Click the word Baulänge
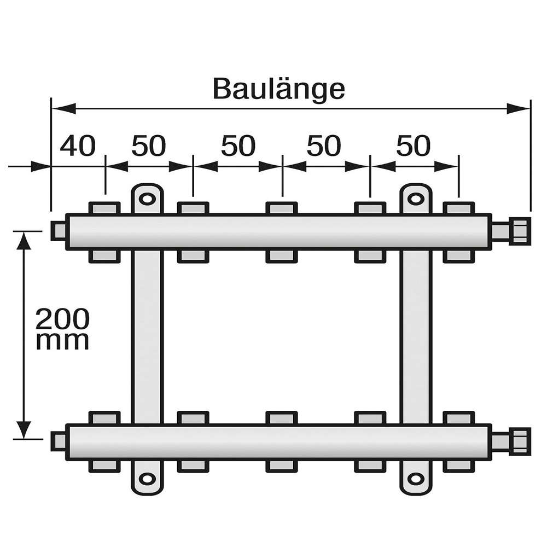click(x=278, y=89)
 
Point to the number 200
click(x=62, y=318)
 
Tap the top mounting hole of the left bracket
click(x=147, y=199)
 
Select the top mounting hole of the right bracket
click(x=416, y=199)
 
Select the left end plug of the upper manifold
click(x=58, y=231)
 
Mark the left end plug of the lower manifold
click(x=58, y=441)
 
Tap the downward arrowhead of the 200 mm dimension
click(x=23, y=429)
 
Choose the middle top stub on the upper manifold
click(x=282, y=208)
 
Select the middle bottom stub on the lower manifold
click(x=282, y=465)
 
